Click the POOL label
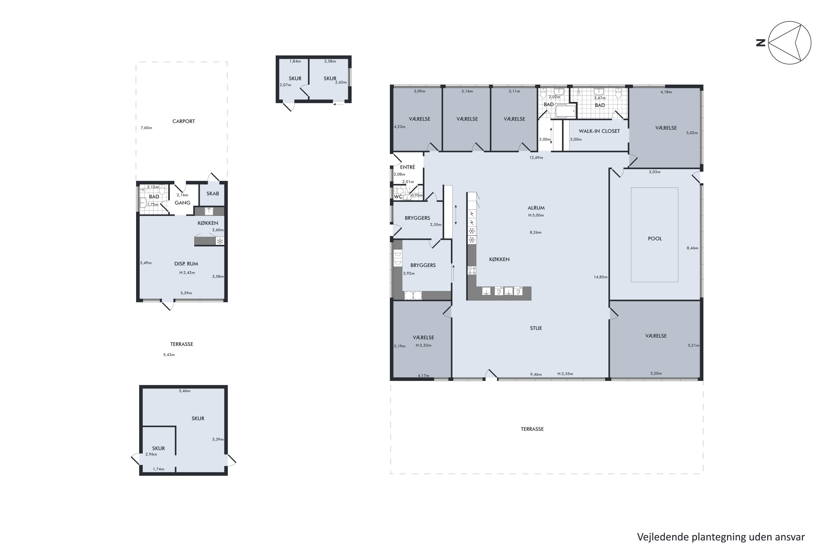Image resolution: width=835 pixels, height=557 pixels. tap(655, 239)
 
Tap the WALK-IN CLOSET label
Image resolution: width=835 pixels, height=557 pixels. tap(599, 131)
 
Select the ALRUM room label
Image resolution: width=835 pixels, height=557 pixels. tap(536, 208)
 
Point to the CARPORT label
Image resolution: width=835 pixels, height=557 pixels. tap(183, 121)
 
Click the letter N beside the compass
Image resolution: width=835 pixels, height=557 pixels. tap(760, 43)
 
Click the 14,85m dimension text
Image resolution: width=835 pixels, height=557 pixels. tap(600, 277)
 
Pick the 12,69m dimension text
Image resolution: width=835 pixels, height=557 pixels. tap(536, 158)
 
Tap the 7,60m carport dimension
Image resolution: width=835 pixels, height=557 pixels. tap(146, 128)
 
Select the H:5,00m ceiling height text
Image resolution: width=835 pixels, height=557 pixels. tap(536, 215)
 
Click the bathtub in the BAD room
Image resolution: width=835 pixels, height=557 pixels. tap(566, 111)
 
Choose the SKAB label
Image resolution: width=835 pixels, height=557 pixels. tap(213, 194)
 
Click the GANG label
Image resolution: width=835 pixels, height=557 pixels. tap(183, 203)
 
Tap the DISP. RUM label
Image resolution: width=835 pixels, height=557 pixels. tap(186, 263)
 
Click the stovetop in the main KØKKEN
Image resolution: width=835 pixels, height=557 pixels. tap(472, 270)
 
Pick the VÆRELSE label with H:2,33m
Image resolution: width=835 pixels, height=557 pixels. tap(423, 338)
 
